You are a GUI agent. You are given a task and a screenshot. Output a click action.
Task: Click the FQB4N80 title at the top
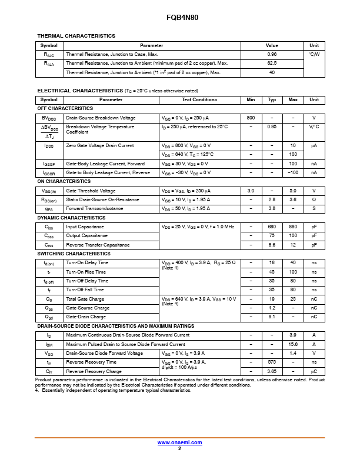point(179,18)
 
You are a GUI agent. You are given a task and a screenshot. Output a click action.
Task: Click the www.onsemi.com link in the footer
point(179,442)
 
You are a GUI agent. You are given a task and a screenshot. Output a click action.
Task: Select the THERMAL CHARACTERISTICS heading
point(76,36)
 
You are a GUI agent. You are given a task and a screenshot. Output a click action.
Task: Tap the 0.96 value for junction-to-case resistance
point(272,54)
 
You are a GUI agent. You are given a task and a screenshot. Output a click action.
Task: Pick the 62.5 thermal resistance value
point(272,63)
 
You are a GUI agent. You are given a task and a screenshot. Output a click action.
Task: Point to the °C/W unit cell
point(314,54)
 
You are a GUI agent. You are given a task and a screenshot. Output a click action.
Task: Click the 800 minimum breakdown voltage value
point(251,118)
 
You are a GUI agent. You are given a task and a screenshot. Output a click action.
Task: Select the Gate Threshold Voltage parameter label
point(91,191)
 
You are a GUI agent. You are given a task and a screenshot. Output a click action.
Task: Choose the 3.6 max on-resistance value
point(293,199)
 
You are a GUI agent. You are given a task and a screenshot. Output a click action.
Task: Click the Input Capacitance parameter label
point(85,227)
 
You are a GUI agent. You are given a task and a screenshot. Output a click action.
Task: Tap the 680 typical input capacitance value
point(272,227)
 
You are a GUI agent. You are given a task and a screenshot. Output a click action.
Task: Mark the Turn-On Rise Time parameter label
point(86,272)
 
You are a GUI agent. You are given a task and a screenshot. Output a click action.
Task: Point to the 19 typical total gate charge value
point(272,299)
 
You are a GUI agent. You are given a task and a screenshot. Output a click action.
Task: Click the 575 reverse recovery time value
point(272,362)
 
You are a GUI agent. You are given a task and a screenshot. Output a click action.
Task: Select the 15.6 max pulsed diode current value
point(293,344)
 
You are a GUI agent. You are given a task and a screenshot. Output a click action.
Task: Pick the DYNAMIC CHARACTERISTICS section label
point(71,218)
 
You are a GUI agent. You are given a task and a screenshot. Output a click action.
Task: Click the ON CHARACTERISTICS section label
point(64,182)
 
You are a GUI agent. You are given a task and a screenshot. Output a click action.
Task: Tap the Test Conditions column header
point(199,99)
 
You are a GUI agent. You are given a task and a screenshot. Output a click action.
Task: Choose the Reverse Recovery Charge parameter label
point(94,371)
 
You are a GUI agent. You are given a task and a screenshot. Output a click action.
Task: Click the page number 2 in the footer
point(179,448)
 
